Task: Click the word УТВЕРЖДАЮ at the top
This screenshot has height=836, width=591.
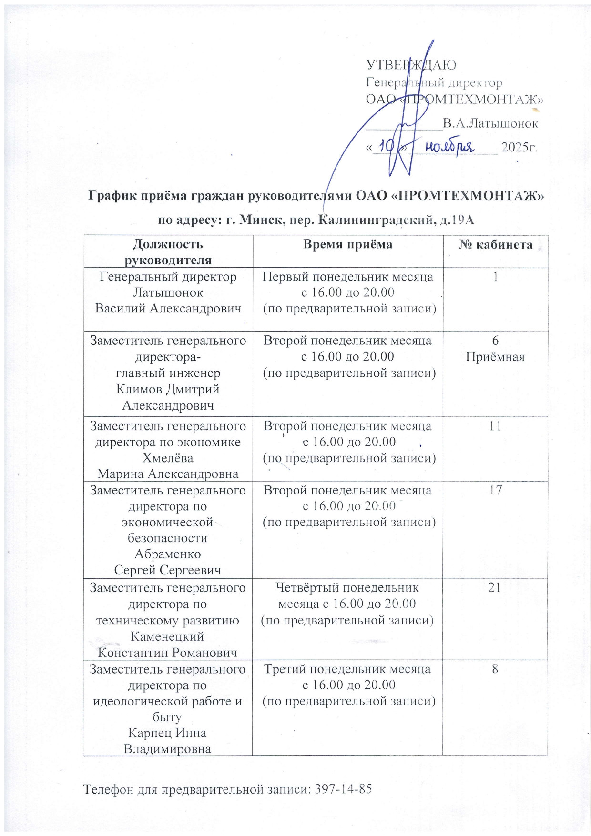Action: coord(411,65)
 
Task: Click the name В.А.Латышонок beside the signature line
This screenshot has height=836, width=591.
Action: coord(490,124)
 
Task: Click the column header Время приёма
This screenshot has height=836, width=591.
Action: coord(347,244)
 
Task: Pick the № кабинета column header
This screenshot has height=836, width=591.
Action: coord(495,244)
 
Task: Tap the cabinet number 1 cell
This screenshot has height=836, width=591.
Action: coord(496,276)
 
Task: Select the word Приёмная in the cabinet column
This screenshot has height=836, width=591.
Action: coord(495,357)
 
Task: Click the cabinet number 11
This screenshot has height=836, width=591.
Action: coord(495,426)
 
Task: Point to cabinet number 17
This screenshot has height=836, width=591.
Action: coord(495,490)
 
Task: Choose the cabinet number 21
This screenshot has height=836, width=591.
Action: coord(495,587)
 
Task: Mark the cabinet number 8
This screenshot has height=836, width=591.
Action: coord(495,669)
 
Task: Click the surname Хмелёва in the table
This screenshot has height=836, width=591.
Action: coord(168,458)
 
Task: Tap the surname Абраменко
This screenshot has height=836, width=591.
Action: coord(168,554)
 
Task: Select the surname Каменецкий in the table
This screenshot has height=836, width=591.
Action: coord(167,636)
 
